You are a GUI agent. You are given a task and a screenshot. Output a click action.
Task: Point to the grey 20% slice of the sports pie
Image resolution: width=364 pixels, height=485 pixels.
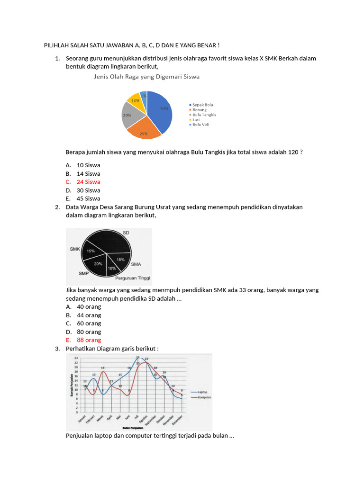pyautogui.click(x=130, y=116)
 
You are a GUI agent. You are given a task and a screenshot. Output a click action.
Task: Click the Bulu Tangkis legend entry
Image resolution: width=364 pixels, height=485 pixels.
pyautogui.click(x=204, y=115)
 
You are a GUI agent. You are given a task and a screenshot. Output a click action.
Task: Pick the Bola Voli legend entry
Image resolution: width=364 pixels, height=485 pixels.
pyautogui.click(x=200, y=125)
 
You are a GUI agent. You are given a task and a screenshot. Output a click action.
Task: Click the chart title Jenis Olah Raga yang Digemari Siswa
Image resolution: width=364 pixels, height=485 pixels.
pyautogui.click(x=146, y=76)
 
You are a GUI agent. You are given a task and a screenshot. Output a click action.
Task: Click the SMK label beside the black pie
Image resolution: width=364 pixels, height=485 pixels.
pyautogui.click(x=75, y=249)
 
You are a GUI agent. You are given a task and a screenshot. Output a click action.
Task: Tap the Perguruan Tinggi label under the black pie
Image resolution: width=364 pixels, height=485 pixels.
pyautogui.click(x=133, y=278)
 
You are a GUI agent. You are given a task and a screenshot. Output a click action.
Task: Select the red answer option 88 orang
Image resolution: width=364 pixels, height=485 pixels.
pyautogui.click(x=89, y=340)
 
